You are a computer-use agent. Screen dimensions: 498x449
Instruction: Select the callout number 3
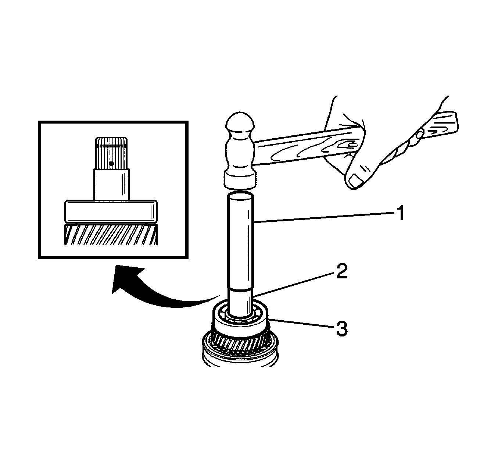tap(342, 328)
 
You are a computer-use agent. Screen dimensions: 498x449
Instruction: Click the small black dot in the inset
tap(111, 164)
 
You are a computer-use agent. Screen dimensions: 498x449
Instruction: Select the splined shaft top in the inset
tap(111, 153)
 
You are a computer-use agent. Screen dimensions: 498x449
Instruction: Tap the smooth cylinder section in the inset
tap(111, 184)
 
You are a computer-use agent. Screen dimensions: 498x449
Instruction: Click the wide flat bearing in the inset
tap(111, 211)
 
